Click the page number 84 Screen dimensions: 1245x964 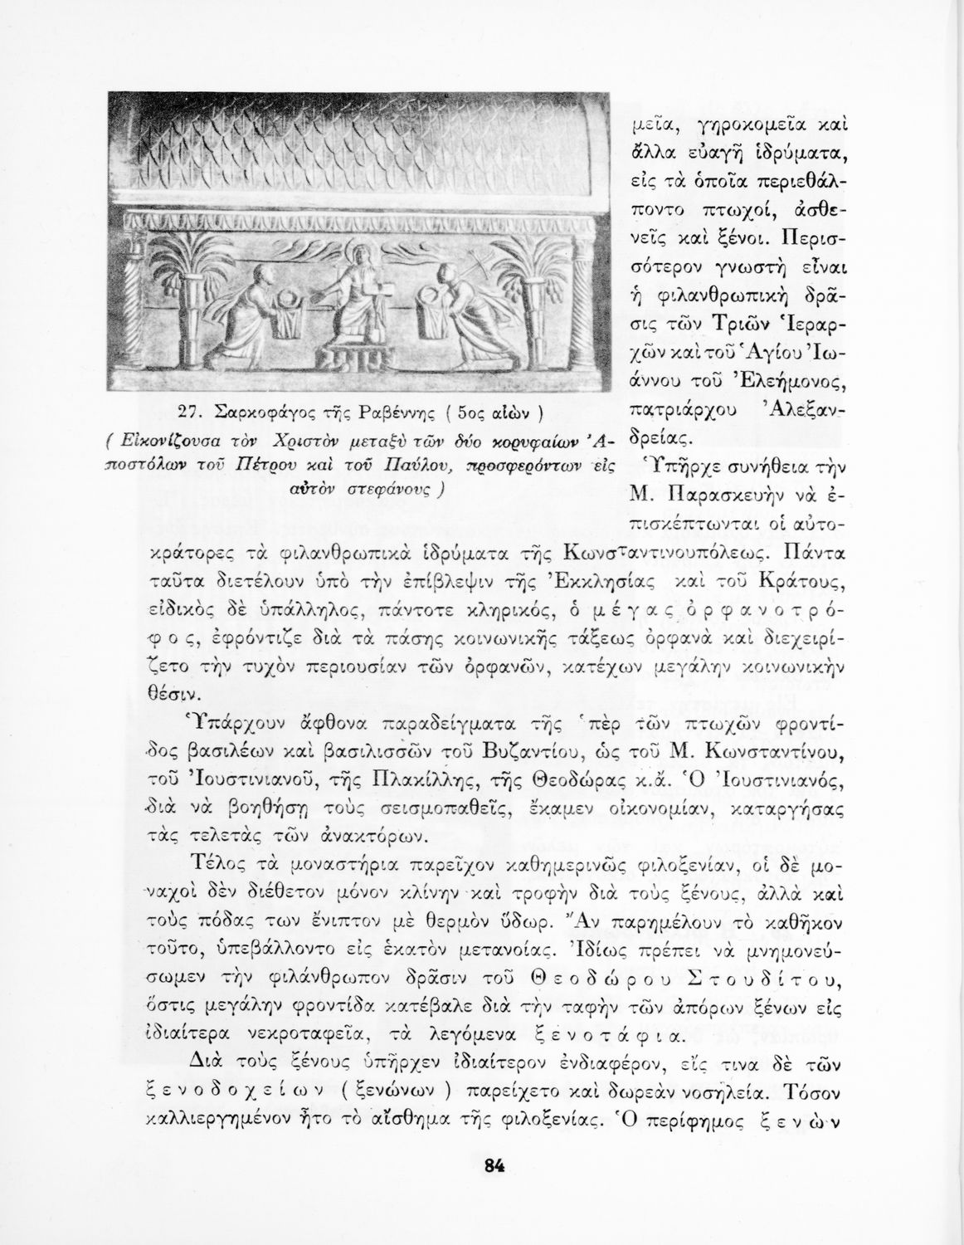tap(495, 1164)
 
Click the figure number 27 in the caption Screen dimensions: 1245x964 tap(192, 412)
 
